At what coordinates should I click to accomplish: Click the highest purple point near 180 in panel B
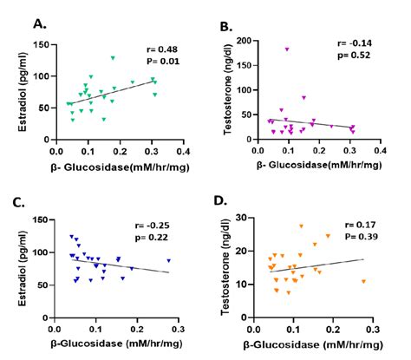click(x=286, y=49)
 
